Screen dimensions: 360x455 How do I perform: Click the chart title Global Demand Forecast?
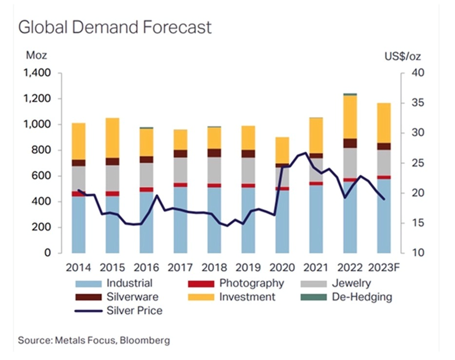pyautogui.click(x=115, y=27)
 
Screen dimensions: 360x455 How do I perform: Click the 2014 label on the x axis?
pyautogui.click(x=78, y=268)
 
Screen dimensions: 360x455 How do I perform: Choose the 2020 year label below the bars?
pyautogui.click(x=282, y=268)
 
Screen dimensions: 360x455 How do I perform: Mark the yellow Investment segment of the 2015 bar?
pyautogui.click(x=112, y=138)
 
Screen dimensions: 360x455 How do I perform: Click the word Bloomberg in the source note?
pyautogui.click(x=146, y=341)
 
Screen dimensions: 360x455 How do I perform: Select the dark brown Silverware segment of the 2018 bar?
pyautogui.click(x=214, y=153)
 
